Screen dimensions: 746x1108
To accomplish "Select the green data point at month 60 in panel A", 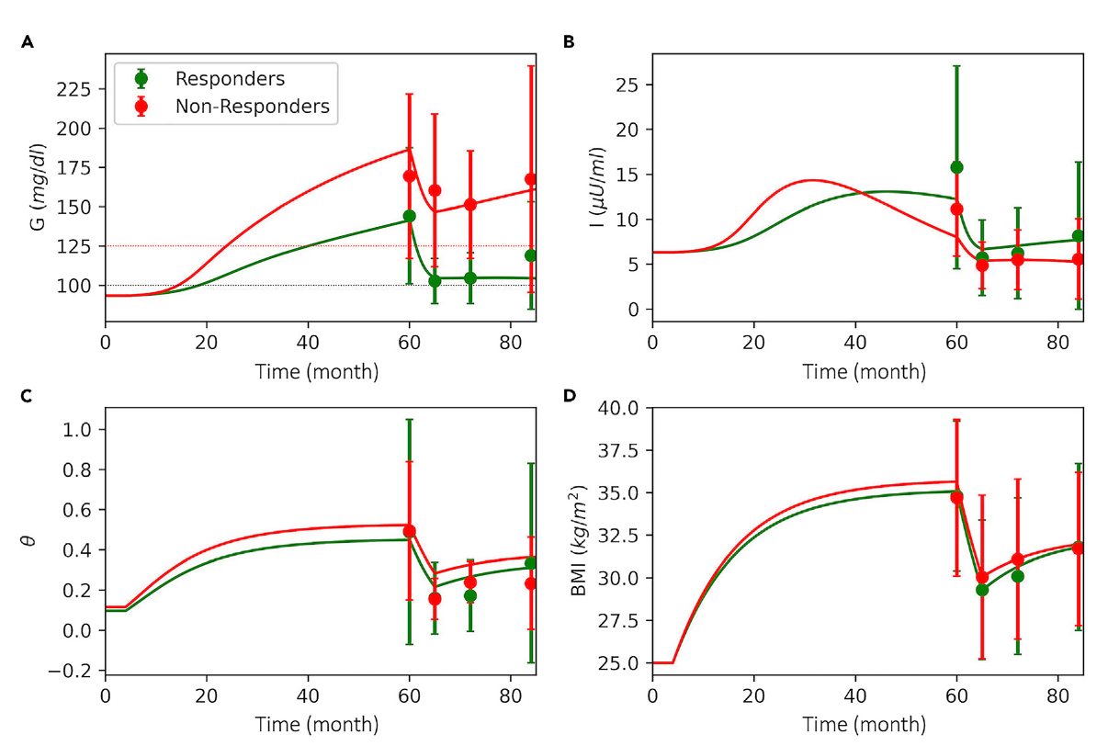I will [x=410, y=216].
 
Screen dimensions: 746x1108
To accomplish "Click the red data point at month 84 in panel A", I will [x=531, y=179].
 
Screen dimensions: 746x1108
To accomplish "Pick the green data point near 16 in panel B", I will [x=956, y=167].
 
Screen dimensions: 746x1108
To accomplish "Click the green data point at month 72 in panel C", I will [x=470, y=595].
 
